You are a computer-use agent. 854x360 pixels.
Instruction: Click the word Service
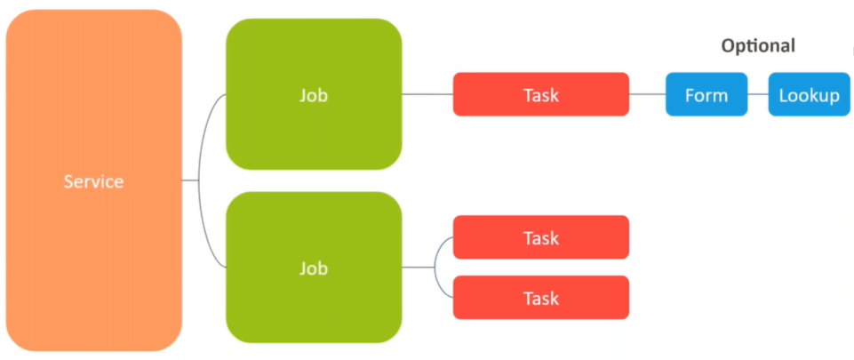click(x=93, y=181)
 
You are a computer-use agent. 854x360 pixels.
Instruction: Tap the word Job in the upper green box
click(x=314, y=94)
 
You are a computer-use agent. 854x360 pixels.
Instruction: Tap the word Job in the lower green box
click(x=314, y=268)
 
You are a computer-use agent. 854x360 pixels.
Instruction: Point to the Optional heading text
click(x=758, y=46)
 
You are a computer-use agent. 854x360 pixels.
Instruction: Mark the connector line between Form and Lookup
click(x=757, y=94)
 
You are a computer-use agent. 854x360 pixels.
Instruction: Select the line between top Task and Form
click(x=647, y=94)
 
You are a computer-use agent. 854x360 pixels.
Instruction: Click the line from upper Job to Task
click(x=427, y=94)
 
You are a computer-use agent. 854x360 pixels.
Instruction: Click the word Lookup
click(x=809, y=95)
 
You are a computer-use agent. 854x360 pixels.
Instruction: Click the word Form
click(x=706, y=95)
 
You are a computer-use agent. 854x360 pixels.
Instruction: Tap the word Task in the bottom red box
click(x=541, y=298)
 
